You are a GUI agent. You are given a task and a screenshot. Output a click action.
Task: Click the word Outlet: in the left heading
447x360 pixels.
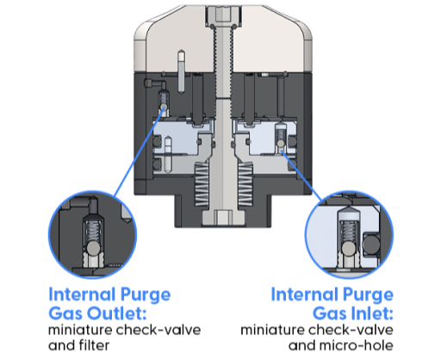tap(117, 313)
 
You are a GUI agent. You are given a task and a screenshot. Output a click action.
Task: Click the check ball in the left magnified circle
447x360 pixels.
tap(93, 248)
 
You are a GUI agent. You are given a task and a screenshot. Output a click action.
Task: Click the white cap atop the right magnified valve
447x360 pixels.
tap(349, 213)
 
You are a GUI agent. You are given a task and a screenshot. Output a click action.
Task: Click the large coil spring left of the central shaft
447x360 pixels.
tap(202, 184)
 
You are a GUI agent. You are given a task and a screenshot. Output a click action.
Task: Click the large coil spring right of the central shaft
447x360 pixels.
tap(245, 184)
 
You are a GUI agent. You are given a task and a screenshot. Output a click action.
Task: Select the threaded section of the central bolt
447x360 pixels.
tap(223, 62)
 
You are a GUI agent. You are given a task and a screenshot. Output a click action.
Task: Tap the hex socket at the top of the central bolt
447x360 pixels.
tap(223, 14)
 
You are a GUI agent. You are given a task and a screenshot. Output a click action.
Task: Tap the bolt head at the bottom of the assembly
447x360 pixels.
tap(223, 218)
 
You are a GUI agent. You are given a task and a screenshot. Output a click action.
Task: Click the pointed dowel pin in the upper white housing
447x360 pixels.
tap(181, 71)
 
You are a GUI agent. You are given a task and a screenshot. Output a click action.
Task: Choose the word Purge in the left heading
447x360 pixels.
tap(146, 295)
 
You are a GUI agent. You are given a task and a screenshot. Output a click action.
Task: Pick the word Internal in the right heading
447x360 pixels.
tap(304, 295)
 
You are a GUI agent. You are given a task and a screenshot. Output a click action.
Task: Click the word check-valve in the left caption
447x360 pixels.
tap(158, 330)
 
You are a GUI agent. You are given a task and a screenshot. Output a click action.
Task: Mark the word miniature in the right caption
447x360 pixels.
tap(272, 330)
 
